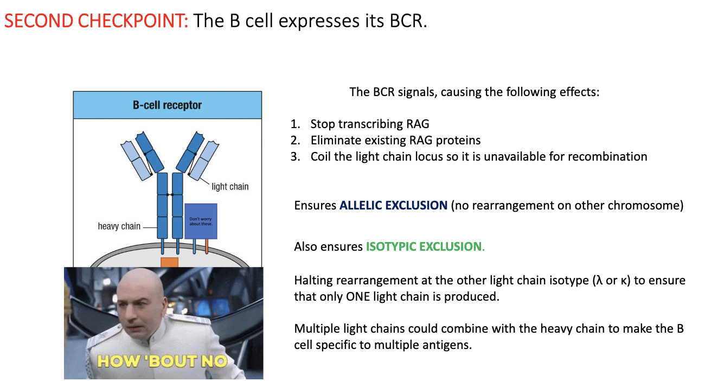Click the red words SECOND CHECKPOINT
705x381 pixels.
tap(96, 21)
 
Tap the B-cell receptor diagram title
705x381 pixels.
tap(167, 105)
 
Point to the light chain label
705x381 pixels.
tap(230, 187)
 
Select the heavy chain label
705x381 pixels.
tap(119, 226)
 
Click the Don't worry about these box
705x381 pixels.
tap(201, 221)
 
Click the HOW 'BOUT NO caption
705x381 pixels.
tap(161, 360)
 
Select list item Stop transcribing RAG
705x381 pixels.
tap(369, 124)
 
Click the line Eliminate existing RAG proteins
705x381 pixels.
tap(395, 141)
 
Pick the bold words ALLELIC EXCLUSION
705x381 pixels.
tap(393, 206)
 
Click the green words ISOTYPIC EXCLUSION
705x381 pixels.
tap(424, 247)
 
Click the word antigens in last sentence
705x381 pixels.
tap(448, 345)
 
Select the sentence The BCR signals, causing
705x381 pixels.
tap(474, 92)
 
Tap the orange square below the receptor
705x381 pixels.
tap(169, 262)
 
